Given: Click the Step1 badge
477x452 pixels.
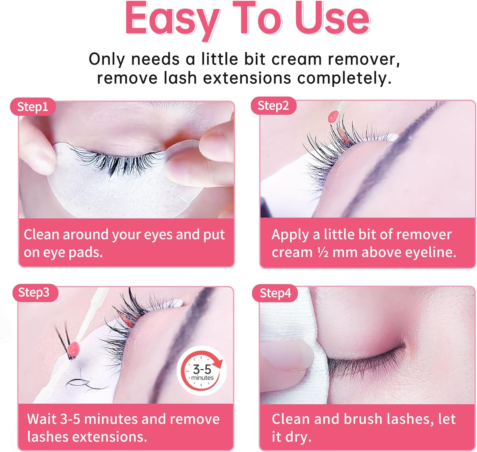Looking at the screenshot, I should tap(32, 107).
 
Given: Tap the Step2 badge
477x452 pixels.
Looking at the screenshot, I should tap(273, 106).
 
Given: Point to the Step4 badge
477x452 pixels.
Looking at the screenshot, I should tap(275, 293).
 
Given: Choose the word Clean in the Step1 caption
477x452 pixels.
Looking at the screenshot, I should tap(41, 235).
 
